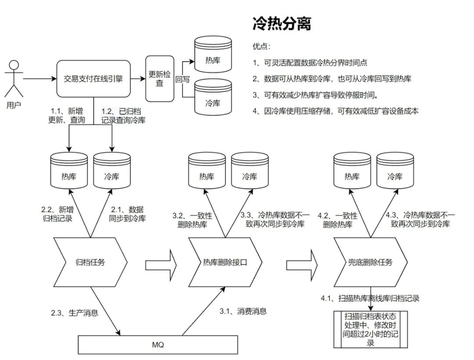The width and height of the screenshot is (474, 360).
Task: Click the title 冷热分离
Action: (282, 24)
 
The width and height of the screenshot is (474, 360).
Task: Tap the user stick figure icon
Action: (14, 79)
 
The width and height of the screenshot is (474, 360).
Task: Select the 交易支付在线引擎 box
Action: (94, 79)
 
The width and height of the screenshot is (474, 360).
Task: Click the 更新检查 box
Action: (160, 79)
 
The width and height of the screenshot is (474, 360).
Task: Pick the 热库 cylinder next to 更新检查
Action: (213, 55)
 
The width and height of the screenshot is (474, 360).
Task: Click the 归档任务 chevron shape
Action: (90, 263)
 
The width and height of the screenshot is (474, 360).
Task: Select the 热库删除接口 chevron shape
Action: (225, 263)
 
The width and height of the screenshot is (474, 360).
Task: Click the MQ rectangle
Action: (158, 345)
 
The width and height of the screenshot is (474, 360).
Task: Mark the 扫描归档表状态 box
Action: (370, 329)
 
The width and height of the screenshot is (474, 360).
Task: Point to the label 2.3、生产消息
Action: (74, 313)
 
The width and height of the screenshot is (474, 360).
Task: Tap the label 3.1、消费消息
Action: (243, 311)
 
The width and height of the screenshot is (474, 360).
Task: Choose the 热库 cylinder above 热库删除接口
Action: (207, 171)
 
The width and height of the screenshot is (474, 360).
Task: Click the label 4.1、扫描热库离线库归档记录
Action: (370, 299)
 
